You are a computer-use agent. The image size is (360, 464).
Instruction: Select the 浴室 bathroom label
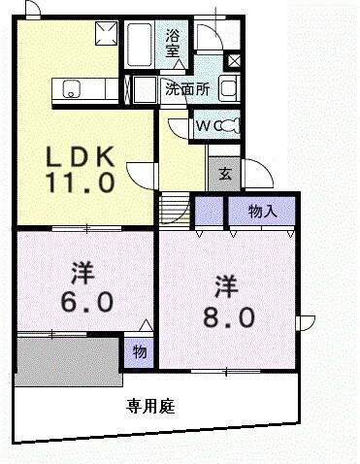173,45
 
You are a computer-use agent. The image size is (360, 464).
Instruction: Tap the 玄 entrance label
223,175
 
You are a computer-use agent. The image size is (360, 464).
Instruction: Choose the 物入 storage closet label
261,211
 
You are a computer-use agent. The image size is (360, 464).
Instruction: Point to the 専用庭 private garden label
149,407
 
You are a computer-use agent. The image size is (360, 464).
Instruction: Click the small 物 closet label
138,352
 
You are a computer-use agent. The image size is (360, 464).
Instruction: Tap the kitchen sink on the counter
72,91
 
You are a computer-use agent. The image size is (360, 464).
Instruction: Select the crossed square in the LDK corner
104,36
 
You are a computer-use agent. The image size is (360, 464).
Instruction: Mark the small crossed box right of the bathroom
233,61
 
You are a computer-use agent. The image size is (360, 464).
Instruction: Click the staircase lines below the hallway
173,208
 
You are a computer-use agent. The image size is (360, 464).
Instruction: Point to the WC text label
206,125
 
